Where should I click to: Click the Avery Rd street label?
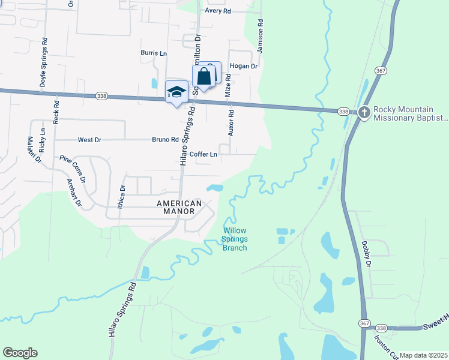pyautogui.click(x=218, y=11)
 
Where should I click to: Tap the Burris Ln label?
pyautogui.click(x=154, y=53)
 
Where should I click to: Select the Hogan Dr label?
pyautogui.click(x=243, y=66)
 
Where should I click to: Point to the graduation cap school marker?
pyautogui.click(x=176, y=92)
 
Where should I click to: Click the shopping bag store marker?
pyautogui.click(x=203, y=77)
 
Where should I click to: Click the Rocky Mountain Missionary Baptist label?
pyautogui.click(x=411, y=113)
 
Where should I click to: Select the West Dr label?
pyautogui.click(x=89, y=140)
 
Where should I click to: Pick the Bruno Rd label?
pyautogui.click(x=165, y=140)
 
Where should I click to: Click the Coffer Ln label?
pyautogui.click(x=203, y=154)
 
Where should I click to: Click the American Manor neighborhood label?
pyautogui.click(x=176, y=207)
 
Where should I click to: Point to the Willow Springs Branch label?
pyautogui.click(x=235, y=239)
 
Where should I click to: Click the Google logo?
pyautogui.click(x=20, y=353)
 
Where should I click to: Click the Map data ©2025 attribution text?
pyautogui.click(x=423, y=355)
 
